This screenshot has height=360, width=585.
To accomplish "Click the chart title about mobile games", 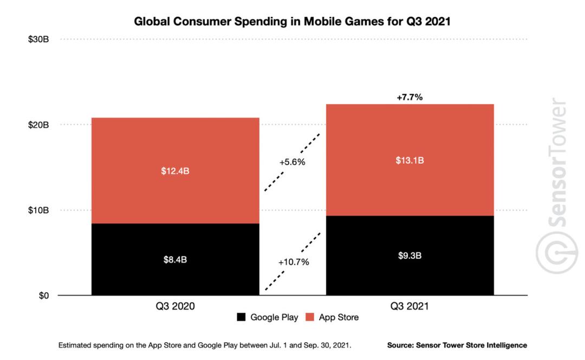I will pos(292,22).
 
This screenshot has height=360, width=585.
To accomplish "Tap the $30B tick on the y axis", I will pos(38,40).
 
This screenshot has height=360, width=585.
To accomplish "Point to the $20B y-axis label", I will pos(38,125).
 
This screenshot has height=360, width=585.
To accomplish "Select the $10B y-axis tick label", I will pos(38,210).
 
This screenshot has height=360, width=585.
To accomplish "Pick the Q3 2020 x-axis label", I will pos(175,306).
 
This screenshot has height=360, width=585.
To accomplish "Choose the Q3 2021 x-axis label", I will pos(409,306).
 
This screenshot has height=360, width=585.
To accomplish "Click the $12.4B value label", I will pos(175,171).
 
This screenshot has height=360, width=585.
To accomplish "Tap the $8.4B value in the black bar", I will pos(175,259).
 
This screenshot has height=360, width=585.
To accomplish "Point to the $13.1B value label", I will pos(409,160).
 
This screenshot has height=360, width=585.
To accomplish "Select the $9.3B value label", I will pos(409,256).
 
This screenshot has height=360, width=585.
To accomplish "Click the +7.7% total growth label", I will pos(409,97).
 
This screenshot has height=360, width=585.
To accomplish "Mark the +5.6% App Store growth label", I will pos(292,162).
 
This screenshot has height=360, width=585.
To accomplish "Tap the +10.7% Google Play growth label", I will pos(293,262).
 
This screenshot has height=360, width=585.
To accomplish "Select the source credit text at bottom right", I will pos(457,345).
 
